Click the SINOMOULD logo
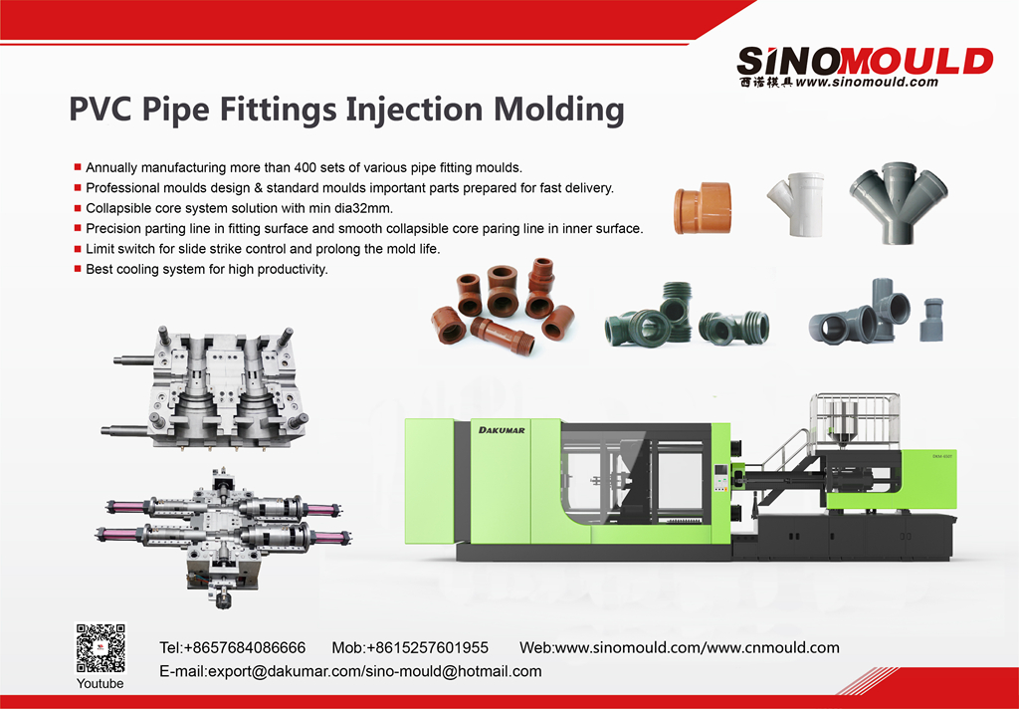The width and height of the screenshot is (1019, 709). pyautogui.click(x=865, y=60)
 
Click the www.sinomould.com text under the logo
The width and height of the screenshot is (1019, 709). pyautogui.click(x=867, y=83)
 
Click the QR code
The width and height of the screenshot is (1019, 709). pyautogui.click(x=101, y=648)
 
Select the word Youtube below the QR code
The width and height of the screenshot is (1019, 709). pyautogui.click(x=101, y=684)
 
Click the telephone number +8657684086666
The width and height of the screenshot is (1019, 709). pyautogui.click(x=245, y=648)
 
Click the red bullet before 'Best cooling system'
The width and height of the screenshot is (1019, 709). pyautogui.click(x=78, y=269)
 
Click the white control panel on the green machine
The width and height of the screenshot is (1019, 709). pyautogui.click(x=722, y=478)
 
